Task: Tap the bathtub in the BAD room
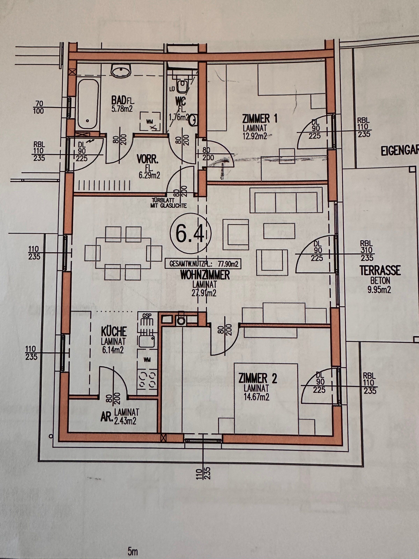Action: tap(88, 104)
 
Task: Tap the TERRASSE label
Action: tap(380, 270)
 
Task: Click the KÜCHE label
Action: tap(114, 331)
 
